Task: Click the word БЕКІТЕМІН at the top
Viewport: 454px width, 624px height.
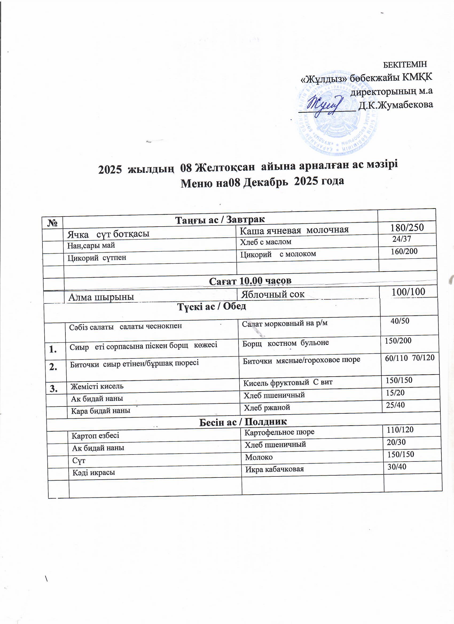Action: pos(405,64)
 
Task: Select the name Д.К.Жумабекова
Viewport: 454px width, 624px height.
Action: pos(395,105)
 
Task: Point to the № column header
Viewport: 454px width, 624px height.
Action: pos(52,223)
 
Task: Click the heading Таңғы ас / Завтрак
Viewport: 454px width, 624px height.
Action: pos(220,220)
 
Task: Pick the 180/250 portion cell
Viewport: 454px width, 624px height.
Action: pos(407,227)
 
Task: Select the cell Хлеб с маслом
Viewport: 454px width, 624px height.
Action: pos(265,242)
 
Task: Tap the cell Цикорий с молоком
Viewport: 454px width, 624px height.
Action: pos(278,254)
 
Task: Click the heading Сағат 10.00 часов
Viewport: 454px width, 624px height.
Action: pos(250,281)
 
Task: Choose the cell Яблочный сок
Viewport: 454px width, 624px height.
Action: pos(273,294)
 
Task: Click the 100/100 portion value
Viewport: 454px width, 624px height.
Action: pos(408,292)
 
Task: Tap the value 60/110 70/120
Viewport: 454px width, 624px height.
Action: pos(410,358)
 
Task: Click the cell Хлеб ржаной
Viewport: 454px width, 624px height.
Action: pos(267,408)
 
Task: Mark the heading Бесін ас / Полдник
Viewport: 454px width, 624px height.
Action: pos(243,422)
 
